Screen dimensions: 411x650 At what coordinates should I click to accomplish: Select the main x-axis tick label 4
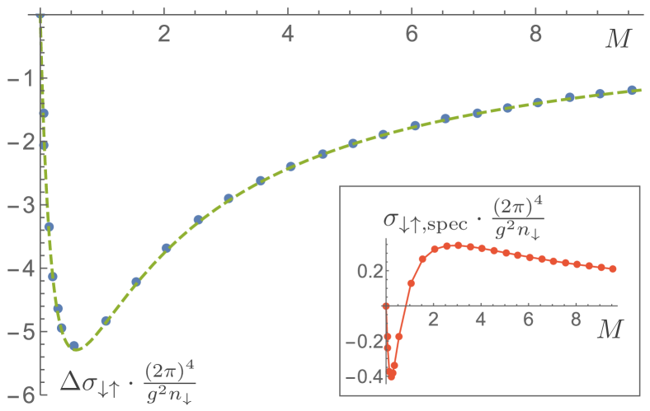[288, 35]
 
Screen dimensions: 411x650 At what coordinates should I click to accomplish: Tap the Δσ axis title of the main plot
[132, 380]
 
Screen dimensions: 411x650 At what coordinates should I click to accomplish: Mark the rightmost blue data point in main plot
[632, 90]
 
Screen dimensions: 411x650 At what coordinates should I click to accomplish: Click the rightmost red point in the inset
[613, 269]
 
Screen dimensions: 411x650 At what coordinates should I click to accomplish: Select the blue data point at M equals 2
[166, 247]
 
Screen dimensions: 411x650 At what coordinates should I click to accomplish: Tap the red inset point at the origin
[385, 306]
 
